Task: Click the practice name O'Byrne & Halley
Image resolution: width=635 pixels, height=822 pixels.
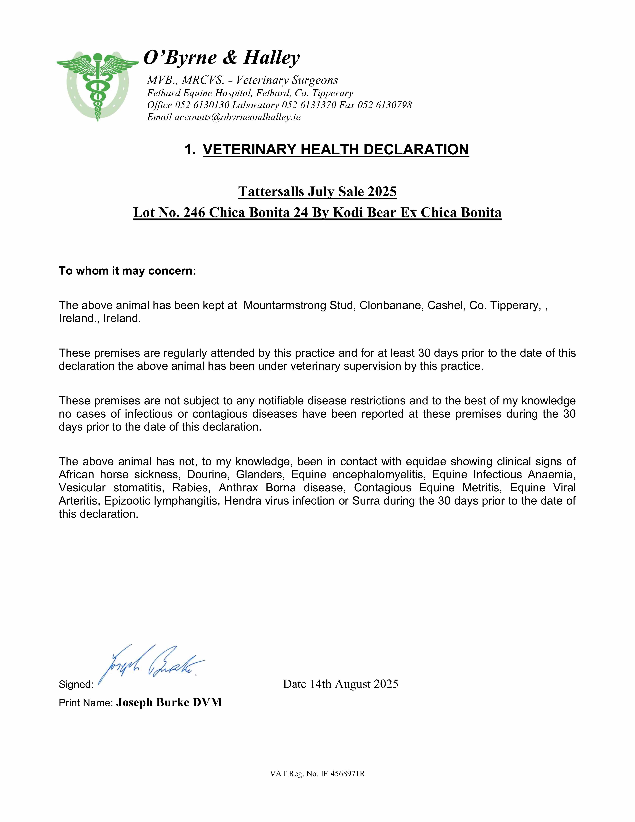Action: [222, 58]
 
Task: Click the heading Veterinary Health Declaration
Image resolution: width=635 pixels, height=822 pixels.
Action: [336, 149]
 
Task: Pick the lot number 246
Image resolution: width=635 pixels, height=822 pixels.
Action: [194, 213]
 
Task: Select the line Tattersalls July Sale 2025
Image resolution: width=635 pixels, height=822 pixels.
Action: [317, 192]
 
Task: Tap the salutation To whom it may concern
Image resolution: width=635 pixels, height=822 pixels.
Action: [127, 271]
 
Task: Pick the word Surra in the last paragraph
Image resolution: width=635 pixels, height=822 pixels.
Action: [366, 501]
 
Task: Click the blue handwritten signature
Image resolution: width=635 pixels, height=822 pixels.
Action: [151, 663]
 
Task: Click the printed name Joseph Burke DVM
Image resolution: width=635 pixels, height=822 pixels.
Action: [169, 702]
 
